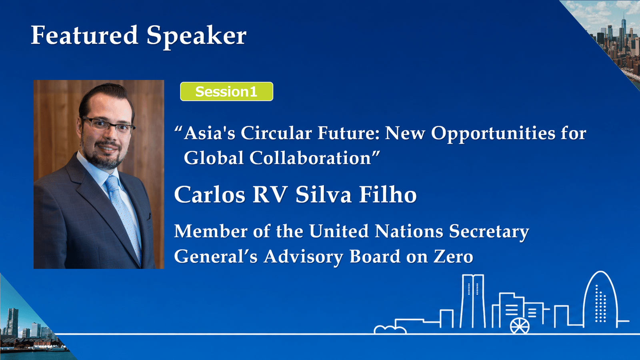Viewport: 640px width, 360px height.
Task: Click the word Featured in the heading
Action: (84, 35)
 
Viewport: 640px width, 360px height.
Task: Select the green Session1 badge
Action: (226, 92)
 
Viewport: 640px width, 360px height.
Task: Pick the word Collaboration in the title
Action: (310, 158)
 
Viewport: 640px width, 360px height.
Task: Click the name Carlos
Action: (210, 194)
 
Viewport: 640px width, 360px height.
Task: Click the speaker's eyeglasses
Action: (108, 125)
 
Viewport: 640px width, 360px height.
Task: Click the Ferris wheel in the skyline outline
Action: (520, 326)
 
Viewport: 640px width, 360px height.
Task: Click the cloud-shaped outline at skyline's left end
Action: (390, 330)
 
